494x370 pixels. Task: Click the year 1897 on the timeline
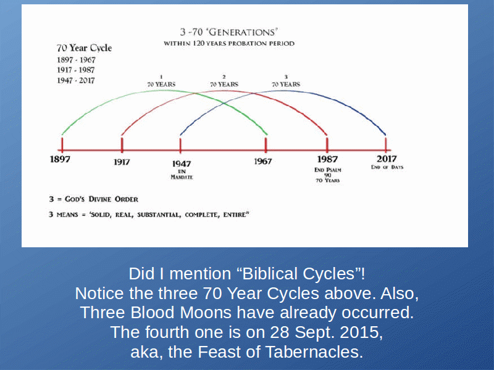[60, 159]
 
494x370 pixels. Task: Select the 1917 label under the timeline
[122, 162]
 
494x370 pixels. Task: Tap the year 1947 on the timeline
[182, 163]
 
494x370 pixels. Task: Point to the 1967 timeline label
[263, 162]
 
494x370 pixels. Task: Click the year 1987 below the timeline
[327, 159]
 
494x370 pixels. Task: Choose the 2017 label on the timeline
[387, 159]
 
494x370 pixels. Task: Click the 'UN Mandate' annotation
[182, 175]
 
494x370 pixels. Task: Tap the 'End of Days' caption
[387, 167]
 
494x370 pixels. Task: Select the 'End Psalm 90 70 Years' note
[328, 175]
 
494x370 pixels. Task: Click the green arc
[164, 91]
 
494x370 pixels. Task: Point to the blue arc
[283, 91]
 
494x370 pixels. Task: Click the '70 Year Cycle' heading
[84, 48]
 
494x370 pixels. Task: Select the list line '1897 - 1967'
[76, 60]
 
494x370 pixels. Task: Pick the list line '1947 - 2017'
[75, 81]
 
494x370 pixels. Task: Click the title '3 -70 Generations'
[228, 32]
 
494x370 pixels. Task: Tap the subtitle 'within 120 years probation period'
[229, 43]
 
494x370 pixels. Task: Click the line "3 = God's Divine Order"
[94, 199]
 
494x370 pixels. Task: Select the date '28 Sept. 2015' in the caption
[327, 332]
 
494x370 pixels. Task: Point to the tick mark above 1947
[180, 145]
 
